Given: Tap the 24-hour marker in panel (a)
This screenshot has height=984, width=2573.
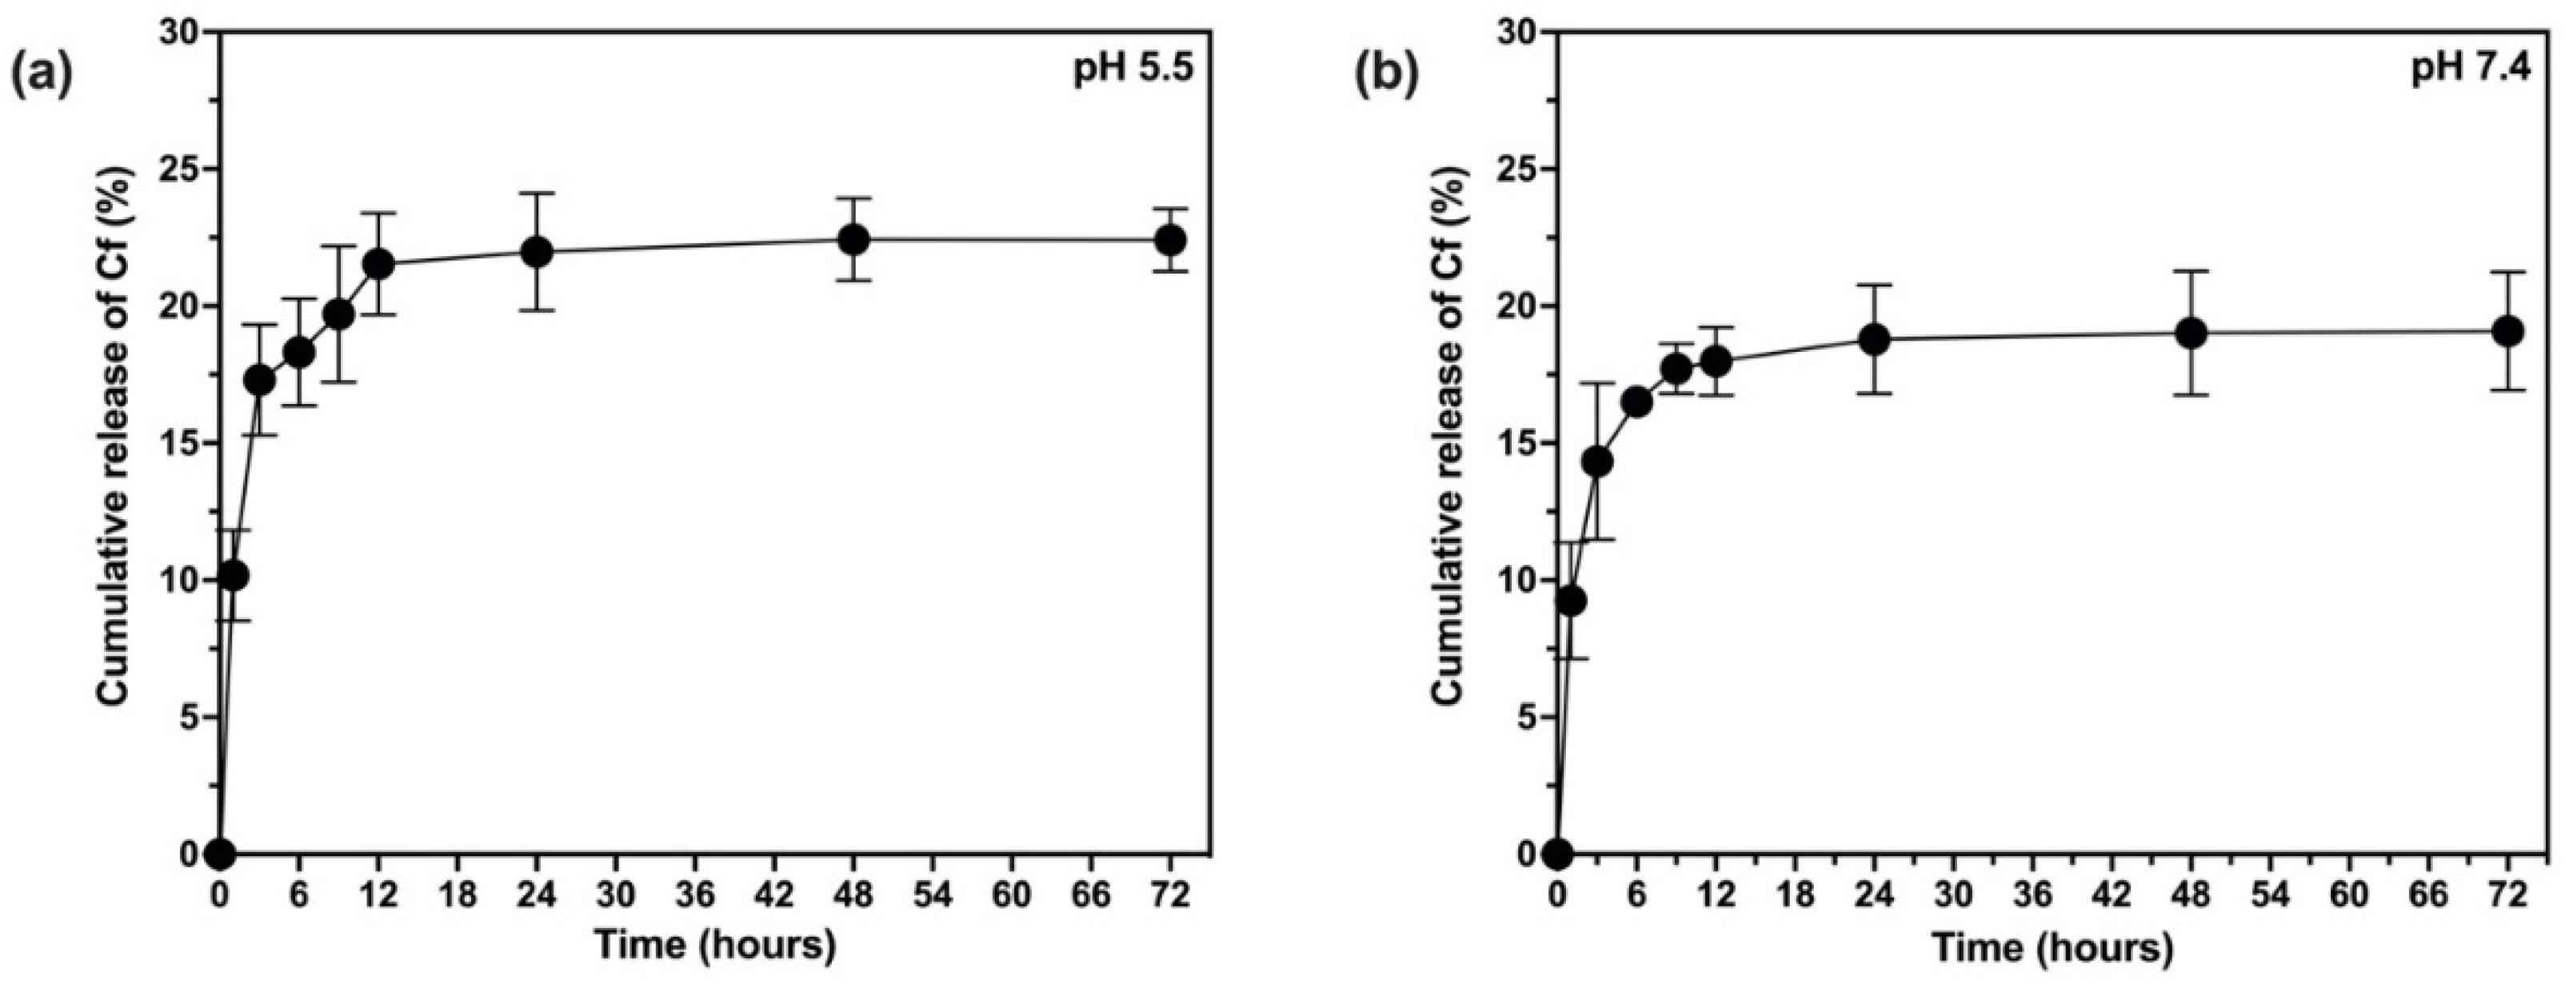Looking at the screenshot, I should click(537, 252).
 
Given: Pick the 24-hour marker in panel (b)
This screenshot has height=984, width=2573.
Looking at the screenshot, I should click(1875, 340).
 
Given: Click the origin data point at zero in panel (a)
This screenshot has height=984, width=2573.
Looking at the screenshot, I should click(220, 854).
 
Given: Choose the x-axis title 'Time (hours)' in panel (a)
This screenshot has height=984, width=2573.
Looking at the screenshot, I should click(714, 945).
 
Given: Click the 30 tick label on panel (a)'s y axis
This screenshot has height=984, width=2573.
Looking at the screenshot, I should click(182, 33).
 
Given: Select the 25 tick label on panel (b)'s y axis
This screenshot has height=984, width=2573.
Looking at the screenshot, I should click(1518, 170).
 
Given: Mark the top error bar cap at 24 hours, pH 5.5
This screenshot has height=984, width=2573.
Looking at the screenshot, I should click(537, 194).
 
